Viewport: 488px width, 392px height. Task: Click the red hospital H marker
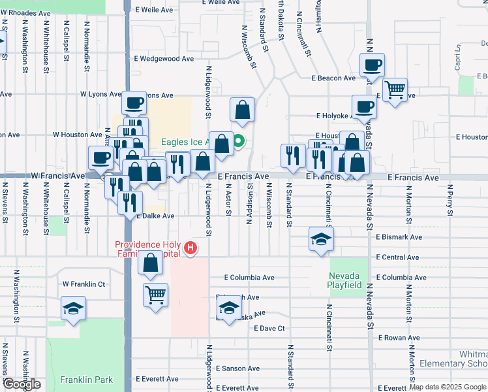[x=191, y=248]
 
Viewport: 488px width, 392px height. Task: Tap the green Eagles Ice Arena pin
[x=239, y=140]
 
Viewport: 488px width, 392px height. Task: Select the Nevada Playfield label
[x=345, y=281]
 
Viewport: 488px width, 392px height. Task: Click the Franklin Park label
[x=86, y=380]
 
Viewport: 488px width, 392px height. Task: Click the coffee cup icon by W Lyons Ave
[x=134, y=103]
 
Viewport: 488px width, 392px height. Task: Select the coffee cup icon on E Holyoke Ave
[x=364, y=106]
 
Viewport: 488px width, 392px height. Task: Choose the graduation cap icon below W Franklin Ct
[x=73, y=308]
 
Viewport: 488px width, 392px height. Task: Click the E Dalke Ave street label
[x=155, y=216]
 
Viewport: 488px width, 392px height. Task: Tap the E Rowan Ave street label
[x=399, y=338]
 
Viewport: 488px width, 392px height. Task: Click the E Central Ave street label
[x=399, y=257]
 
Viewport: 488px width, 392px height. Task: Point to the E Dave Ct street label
[x=270, y=328]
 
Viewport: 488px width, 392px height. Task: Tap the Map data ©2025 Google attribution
[x=448, y=387]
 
